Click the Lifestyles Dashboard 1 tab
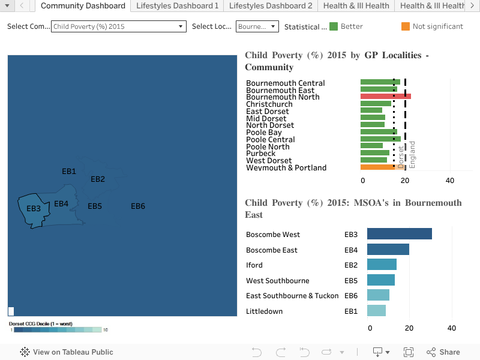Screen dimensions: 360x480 pyautogui.click(x=177, y=6)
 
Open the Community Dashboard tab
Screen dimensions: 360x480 pyautogui.click(x=83, y=6)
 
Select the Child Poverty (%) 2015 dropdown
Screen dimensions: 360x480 pyautogui.click(x=119, y=26)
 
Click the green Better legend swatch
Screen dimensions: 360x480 pyautogui.click(x=334, y=26)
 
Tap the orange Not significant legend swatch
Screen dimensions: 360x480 pyautogui.click(x=406, y=26)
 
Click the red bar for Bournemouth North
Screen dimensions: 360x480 pyautogui.click(x=385, y=97)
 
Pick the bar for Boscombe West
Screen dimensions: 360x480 pyautogui.click(x=399, y=234)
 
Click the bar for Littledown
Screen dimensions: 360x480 pyautogui.click(x=376, y=311)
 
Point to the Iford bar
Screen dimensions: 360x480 pyautogui.click(x=382, y=265)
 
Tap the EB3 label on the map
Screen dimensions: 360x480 pyautogui.click(x=34, y=209)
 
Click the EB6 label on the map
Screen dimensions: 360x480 pyautogui.click(x=138, y=206)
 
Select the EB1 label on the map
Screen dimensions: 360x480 pyautogui.click(x=69, y=172)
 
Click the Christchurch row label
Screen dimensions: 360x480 pyautogui.click(x=269, y=104)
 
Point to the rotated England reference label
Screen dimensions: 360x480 pyautogui.click(x=413, y=155)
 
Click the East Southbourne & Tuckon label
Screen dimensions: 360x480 pyautogui.click(x=292, y=296)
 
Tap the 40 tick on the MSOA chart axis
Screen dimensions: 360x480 pyautogui.click(x=452, y=328)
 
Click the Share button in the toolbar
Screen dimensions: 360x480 pyautogui.click(x=443, y=352)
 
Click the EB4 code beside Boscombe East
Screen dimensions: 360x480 pyautogui.click(x=351, y=250)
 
